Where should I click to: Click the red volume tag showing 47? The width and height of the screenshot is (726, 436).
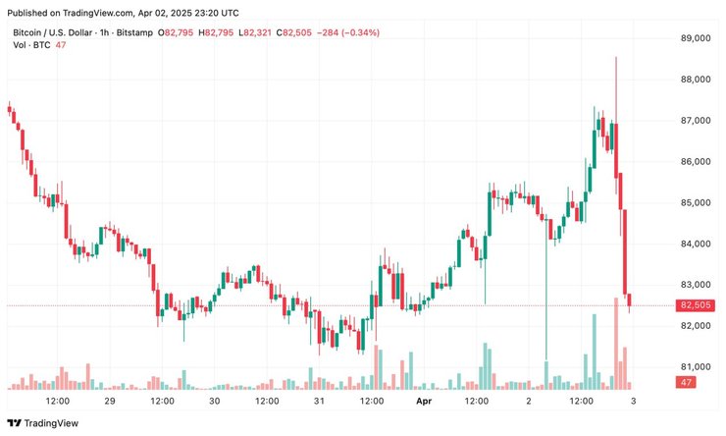687,381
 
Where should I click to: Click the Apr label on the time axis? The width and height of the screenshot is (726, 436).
424,402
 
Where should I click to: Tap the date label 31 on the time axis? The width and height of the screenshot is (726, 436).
319,402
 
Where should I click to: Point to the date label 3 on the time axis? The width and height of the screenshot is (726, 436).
634,402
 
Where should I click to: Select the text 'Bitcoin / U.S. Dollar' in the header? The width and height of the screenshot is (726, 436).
58,33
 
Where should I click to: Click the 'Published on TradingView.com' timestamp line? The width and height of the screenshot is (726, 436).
125,14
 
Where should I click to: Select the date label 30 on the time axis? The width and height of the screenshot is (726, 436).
214,402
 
